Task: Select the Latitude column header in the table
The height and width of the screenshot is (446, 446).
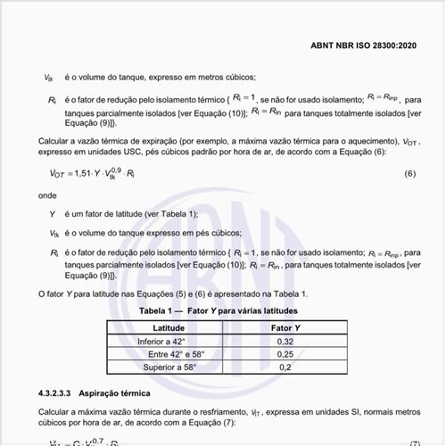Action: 169,327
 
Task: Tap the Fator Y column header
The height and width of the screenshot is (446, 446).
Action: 285,327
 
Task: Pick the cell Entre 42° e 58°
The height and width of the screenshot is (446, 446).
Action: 177,353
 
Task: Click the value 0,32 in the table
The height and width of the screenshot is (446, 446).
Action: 285,341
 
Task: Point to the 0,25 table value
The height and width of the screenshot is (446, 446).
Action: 285,353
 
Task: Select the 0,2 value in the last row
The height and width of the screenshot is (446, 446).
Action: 285,367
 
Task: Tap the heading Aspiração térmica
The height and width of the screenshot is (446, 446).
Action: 115,392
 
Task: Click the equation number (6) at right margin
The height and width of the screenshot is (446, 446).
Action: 409,172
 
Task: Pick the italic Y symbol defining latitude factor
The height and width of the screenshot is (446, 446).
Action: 53,214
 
